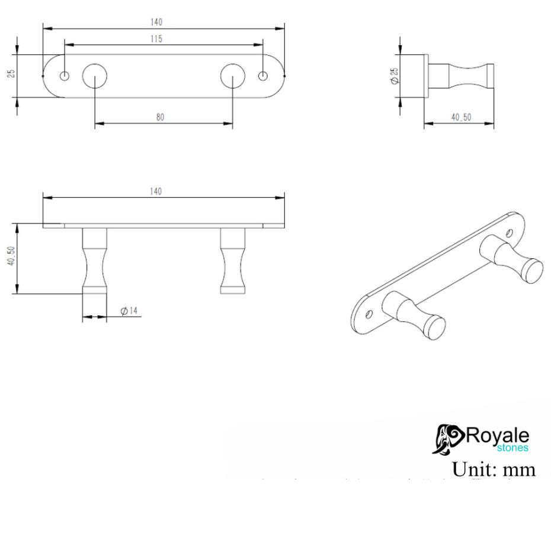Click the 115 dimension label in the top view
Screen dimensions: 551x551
pos(156,39)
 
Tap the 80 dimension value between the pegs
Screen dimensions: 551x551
pos(160,117)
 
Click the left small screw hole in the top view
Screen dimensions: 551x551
pos(65,76)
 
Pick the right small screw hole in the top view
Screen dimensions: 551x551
pos(264,76)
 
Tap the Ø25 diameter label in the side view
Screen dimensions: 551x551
pos(395,75)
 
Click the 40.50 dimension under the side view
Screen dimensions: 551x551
pos(461,117)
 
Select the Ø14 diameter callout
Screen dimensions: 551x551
pos(129,310)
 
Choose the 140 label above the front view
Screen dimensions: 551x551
pos(156,191)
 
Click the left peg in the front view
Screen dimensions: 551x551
pos(95,261)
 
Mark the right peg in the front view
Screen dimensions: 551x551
pos(233,261)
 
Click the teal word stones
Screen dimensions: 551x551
pos(513,449)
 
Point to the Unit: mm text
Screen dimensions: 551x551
pos(494,469)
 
